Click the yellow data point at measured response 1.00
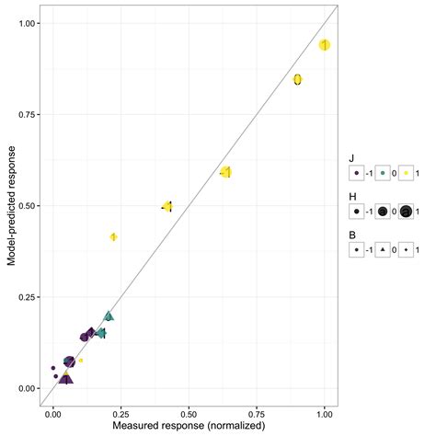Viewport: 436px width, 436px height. pyautogui.click(x=324, y=45)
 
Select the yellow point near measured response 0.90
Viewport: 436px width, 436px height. pyautogui.click(x=297, y=80)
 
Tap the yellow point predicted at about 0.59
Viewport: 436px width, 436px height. pyautogui.click(x=225, y=172)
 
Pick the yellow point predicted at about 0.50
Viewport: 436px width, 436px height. pyautogui.click(x=167, y=207)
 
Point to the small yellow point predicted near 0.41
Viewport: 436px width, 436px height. pyautogui.click(x=113, y=237)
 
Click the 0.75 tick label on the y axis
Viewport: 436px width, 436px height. pyautogui.click(x=21, y=115)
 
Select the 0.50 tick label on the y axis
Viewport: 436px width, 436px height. pyautogui.click(x=21, y=206)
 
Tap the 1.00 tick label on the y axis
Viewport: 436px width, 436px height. pyautogui.click(x=21, y=24)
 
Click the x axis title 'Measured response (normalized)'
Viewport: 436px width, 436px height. pyautogui.click(x=189, y=428)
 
